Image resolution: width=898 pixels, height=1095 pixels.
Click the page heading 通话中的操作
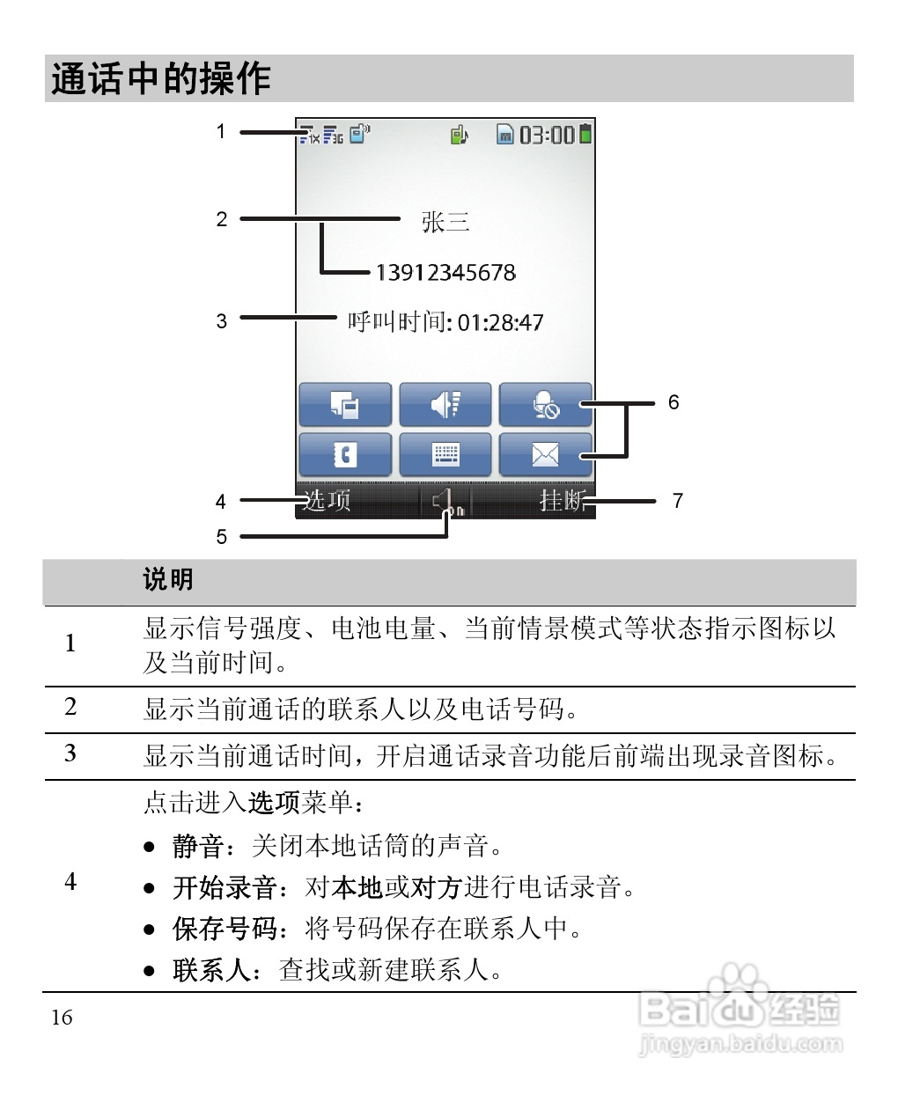(160, 79)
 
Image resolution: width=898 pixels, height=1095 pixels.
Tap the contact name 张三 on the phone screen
(445, 221)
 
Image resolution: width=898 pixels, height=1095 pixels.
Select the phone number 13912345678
(445, 273)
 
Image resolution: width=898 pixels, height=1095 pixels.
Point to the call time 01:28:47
(500, 323)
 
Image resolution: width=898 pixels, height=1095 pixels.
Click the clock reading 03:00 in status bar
(546, 135)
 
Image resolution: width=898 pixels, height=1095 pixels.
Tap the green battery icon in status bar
(585, 134)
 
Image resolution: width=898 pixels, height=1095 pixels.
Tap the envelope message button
(545, 454)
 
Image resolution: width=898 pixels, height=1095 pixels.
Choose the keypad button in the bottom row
(445, 454)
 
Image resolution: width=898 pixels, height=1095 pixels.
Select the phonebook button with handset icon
(345, 454)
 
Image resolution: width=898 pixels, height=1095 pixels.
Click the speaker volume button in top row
(445, 405)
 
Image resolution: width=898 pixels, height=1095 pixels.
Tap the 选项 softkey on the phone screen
(327, 500)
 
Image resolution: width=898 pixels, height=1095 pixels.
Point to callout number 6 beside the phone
(673, 402)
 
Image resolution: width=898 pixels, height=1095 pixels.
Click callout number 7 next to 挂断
(678, 501)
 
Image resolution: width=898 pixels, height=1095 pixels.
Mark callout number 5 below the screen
(222, 536)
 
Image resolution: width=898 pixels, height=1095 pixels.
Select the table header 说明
(167, 579)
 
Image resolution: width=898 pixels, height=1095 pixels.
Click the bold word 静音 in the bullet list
(198, 846)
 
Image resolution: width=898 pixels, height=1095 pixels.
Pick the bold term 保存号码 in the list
(224, 929)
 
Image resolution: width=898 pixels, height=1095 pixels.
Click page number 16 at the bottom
(62, 1018)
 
